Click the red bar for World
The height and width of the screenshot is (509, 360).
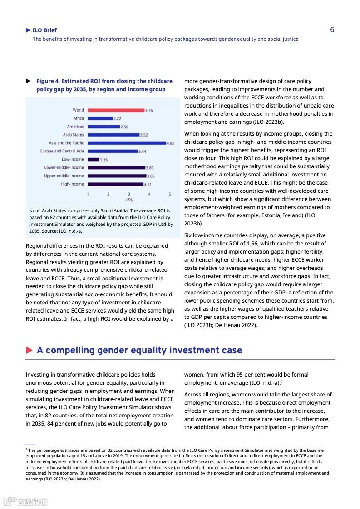coord(116,110)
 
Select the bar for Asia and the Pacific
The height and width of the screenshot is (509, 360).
coord(127,143)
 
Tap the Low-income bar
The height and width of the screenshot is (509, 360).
coord(94,159)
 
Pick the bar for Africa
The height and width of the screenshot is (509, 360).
coord(100,118)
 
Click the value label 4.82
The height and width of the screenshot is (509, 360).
coord(170,143)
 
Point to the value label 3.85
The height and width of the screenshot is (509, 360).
coord(151,176)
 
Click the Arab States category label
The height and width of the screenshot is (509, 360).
coord(73,135)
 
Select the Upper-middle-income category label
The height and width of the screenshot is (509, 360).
coord(64,176)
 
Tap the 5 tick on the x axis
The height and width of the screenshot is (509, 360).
coord(170,194)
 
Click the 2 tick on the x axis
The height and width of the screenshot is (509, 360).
coord(108,194)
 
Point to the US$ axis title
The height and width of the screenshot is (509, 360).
coord(128,200)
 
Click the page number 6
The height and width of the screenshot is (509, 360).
coord(332,30)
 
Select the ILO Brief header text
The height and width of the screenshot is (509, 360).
coord(44,30)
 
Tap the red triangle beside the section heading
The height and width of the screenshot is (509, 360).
coord(30,350)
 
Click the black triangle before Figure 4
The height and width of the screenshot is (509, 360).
coord(28,81)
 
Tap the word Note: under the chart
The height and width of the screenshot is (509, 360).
coord(35,211)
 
